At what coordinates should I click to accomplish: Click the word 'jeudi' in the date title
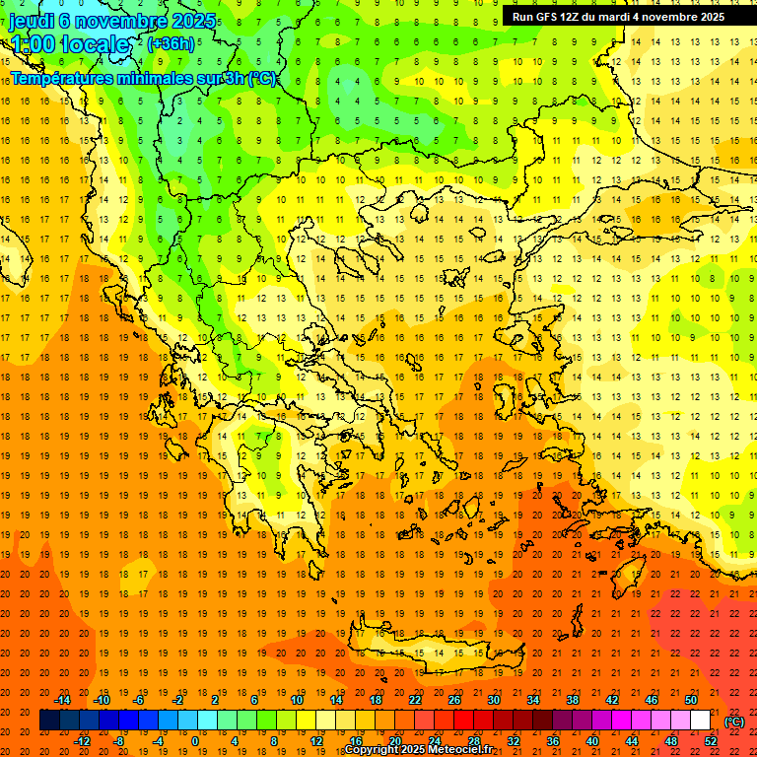(32, 21)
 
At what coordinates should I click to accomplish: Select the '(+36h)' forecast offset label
(171, 43)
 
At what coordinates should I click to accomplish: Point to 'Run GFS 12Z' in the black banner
(547, 17)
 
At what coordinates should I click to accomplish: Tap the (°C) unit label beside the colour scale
(734, 722)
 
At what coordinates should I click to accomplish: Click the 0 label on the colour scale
(195, 741)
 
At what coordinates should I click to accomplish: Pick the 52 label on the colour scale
(711, 741)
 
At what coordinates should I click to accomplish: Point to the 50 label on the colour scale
(691, 700)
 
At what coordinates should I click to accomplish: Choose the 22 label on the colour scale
(415, 700)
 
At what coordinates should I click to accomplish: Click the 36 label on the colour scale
(553, 741)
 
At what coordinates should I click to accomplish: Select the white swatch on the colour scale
(700, 721)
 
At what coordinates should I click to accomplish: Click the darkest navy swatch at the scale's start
(49, 721)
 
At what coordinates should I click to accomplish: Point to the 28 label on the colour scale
(474, 741)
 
